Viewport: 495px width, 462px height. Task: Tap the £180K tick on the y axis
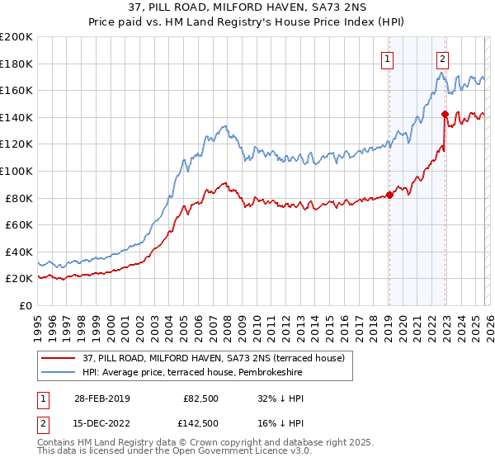pos(16,64)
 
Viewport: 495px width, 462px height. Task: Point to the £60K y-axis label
pos(18,224)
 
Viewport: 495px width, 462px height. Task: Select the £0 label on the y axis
pos(26,305)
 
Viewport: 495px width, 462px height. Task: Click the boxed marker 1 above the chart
pos(387,58)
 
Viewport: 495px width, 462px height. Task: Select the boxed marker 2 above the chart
pos(443,58)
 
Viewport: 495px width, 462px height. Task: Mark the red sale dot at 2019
pos(389,195)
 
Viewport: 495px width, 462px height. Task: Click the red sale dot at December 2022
pos(445,114)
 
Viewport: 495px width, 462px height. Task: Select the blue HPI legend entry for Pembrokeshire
pos(192,373)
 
